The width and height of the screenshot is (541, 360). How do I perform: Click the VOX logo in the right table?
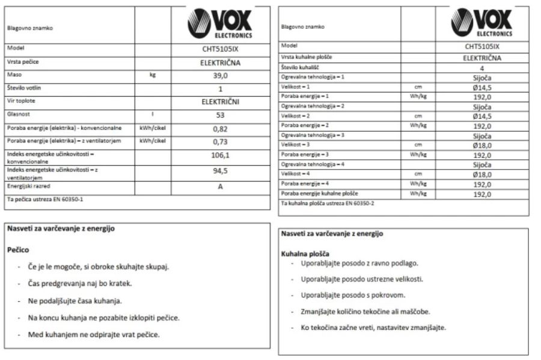pyautogui.click(x=481, y=24)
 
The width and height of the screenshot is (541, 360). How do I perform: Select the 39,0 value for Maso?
pyautogui.click(x=220, y=75)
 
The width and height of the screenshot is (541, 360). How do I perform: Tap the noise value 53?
pyautogui.click(x=220, y=115)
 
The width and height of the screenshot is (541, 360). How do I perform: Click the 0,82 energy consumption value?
pyautogui.click(x=220, y=128)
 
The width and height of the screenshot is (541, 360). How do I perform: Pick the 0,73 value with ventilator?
pyautogui.click(x=220, y=142)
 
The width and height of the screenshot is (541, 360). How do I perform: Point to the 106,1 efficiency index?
pyautogui.click(x=220, y=156)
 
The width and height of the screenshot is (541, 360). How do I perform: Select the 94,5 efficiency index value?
pyautogui.click(x=220, y=171)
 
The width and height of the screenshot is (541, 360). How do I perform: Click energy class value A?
pyautogui.click(x=220, y=186)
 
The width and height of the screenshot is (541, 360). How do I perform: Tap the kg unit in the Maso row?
pyautogui.click(x=153, y=75)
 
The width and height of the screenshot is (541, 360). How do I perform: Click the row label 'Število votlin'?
pyautogui.click(x=24, y=88)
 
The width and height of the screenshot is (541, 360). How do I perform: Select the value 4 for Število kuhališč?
pyautogui.click(x=481, y=68)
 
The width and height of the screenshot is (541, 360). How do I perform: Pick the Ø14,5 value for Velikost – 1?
pyautogui.click(x=481, y=87)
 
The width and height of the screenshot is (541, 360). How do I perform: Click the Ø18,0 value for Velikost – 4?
pyautogui.click(x=481, y=174)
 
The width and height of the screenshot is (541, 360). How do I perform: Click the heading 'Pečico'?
pyautogui.click(x=18, y=249)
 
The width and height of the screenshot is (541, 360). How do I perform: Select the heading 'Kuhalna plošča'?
pyautogui.click(x=305, y=254)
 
